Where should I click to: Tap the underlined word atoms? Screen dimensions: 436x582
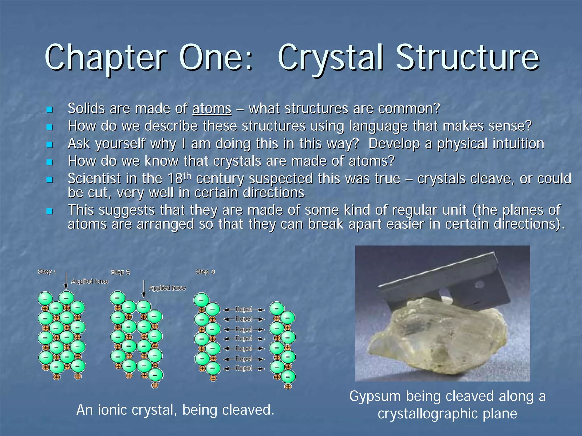(x=212, y=109)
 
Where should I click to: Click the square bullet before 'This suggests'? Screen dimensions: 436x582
(x=49, y=211)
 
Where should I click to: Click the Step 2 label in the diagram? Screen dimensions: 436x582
(x=120, y=272)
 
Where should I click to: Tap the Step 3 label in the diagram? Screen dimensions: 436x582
(x=205, y=272)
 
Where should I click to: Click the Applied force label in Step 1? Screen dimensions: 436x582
(x=90, y=281)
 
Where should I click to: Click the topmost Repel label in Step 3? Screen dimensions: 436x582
(x=244, y=309)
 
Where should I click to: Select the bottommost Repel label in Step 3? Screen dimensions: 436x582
(x=244, y=368)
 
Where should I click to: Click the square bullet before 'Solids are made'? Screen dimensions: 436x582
(x=49, y=110)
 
